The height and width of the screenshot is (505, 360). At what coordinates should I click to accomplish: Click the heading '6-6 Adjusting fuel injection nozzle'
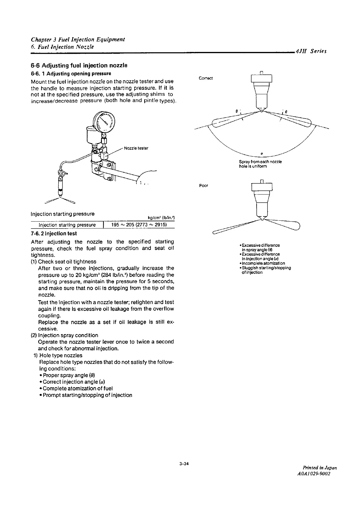tap(79, 65)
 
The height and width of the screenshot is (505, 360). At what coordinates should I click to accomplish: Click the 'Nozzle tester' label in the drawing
tap(136, 148)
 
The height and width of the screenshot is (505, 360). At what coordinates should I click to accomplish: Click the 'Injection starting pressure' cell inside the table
tap(67, 225)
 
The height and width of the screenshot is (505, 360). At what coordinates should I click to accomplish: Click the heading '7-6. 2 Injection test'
tap(54, 234)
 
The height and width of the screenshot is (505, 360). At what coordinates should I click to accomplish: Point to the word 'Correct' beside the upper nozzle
tap(206, 78)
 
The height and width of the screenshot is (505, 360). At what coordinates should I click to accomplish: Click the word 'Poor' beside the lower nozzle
tap(203, 186)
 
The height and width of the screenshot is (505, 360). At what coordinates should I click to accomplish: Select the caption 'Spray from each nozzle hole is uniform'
tap(260, 164)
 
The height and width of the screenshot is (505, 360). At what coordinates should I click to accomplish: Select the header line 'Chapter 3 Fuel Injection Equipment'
tap(78, 40)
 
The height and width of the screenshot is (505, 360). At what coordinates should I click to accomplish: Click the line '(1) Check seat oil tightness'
tap(64, 262)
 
